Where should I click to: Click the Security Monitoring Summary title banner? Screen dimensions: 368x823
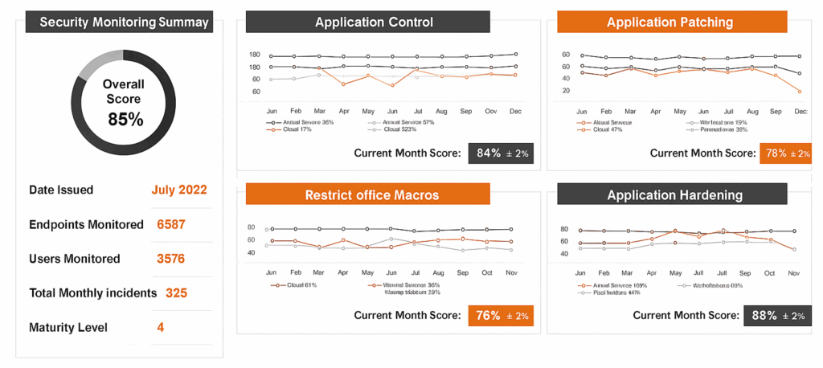[119, 22]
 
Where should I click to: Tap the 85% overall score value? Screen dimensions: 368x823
[125, 120]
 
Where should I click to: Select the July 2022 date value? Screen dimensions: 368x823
[179, 190]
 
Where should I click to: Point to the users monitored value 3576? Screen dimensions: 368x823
[171, 259]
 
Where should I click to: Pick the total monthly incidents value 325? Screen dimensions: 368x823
[176, 293]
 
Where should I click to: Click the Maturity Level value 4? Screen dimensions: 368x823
[161, 328]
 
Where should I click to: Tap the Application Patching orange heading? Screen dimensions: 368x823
[669, 22]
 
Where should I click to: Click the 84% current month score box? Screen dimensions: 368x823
[501, 153]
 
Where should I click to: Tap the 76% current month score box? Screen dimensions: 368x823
[501, 316]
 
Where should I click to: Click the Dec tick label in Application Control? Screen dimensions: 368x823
[515, 110]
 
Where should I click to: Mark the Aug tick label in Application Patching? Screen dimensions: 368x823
[752, 110]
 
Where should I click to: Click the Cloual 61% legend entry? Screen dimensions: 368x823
[293, 285]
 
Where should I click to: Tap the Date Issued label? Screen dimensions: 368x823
[61, 190]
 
